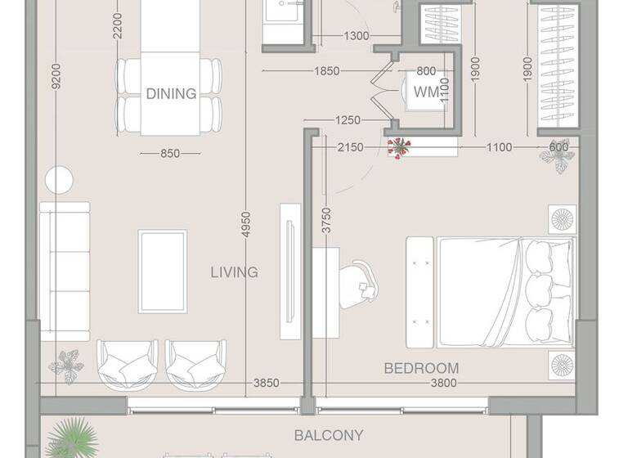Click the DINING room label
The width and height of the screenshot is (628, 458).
(171, 93)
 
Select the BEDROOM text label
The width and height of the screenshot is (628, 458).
(421, 368)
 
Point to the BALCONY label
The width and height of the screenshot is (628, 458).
(329, 435)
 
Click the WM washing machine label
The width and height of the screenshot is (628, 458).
(425, 92)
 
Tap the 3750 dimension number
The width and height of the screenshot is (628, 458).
(326, 221)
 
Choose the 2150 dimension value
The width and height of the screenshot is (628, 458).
(349, 147)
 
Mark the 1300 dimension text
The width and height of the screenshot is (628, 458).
(356, 36)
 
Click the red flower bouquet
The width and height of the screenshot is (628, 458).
(399, 149)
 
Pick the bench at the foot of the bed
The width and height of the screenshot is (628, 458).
(419, 283)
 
